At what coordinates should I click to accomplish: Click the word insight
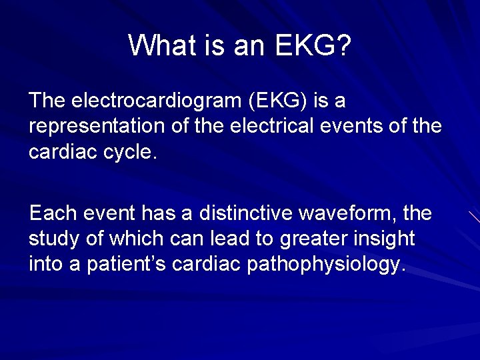[x=388, y=238]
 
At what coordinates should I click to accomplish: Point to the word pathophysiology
[x=326, y=263]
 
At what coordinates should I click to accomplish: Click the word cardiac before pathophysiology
[x=207, y=263]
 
